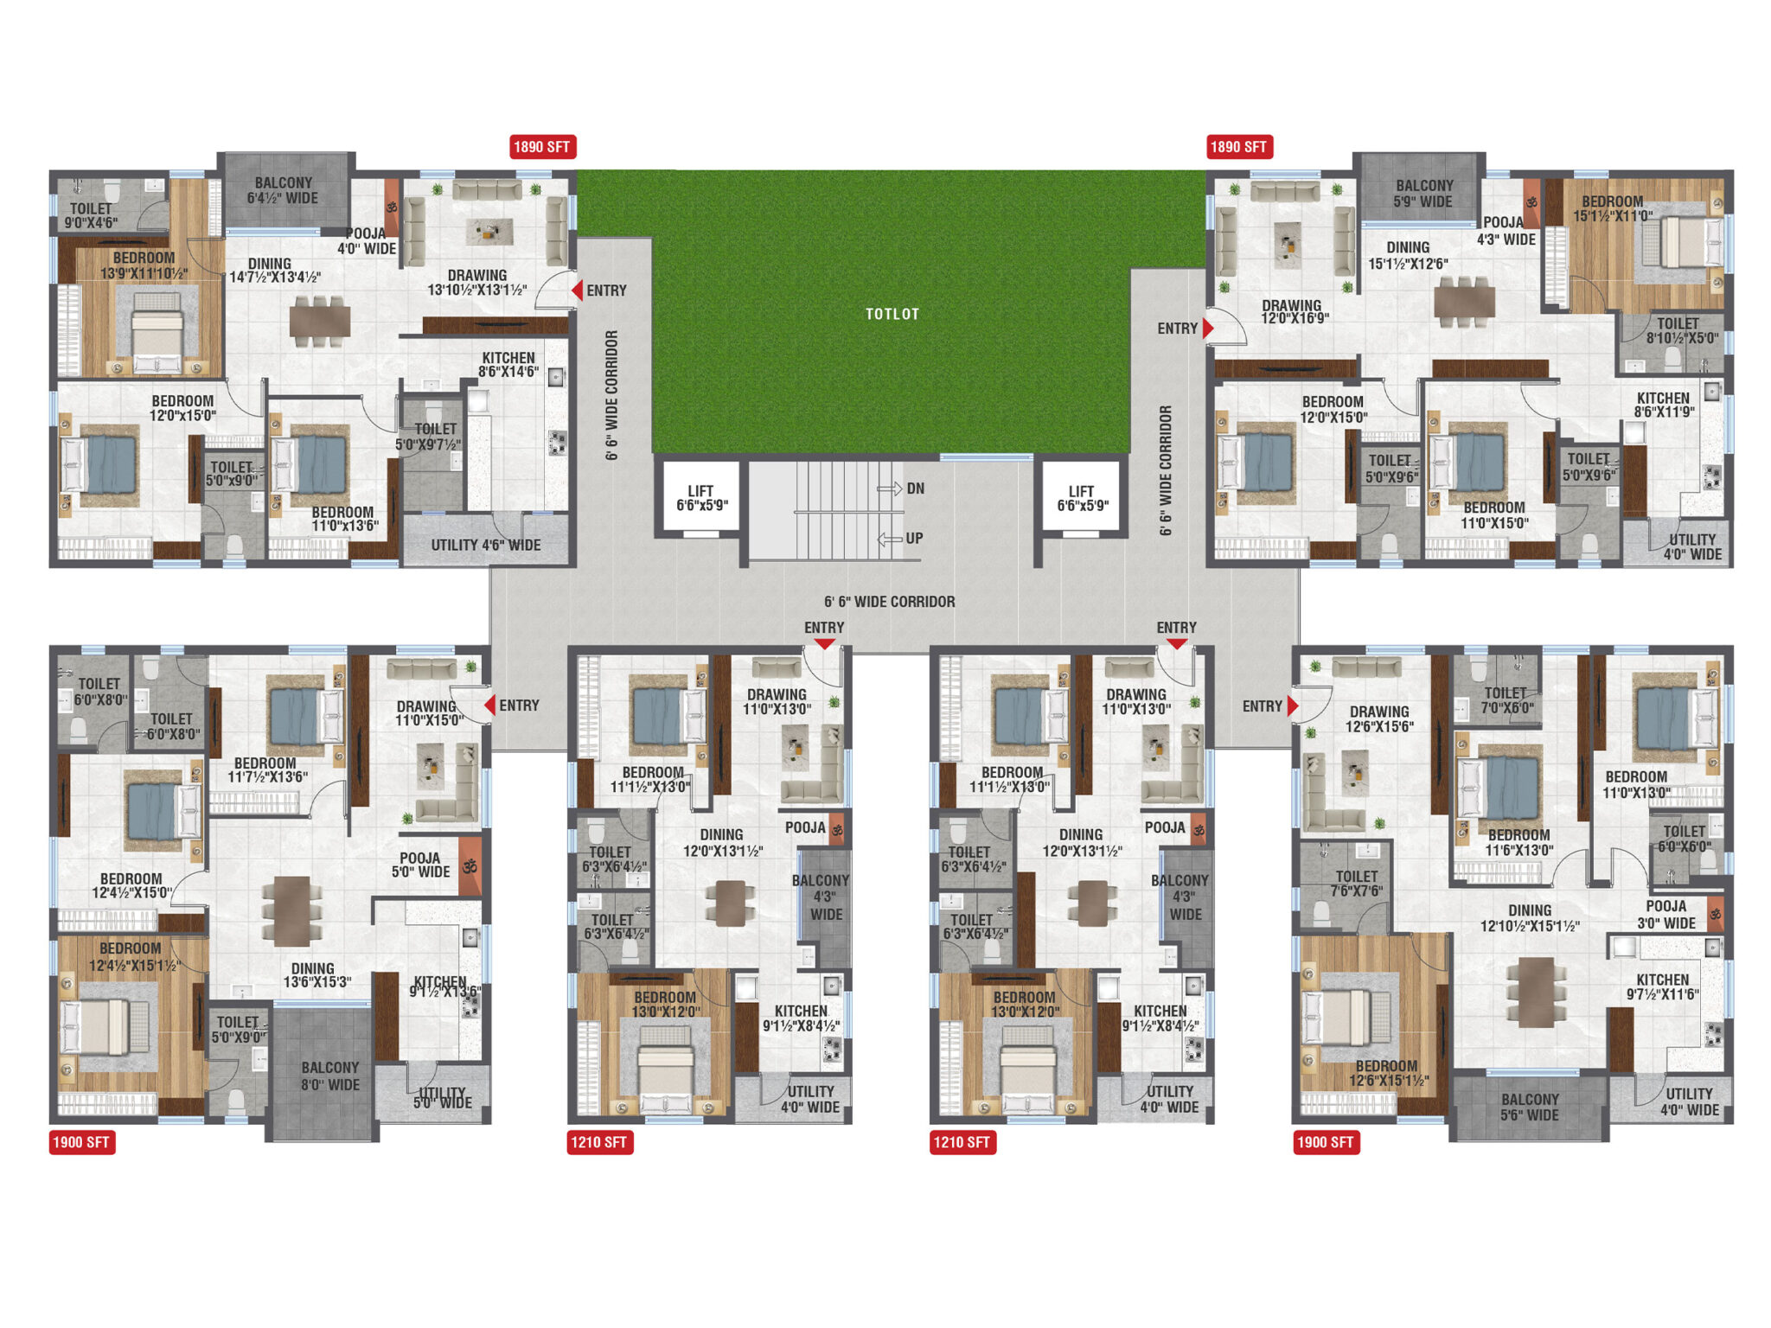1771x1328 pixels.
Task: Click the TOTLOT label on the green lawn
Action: point(892,314)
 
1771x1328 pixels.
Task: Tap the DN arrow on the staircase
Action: point(889,489)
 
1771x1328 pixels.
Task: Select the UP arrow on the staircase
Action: point(890,539)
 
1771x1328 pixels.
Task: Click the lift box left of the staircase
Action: point(700,498)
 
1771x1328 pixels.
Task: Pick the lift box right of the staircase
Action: point(1081,498)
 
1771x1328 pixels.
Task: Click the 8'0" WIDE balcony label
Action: point(329,1076)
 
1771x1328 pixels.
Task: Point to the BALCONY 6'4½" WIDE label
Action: point(283,190)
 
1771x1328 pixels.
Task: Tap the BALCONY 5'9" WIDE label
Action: point(1423,194)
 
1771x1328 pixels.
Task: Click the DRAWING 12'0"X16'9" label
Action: point(1294,312)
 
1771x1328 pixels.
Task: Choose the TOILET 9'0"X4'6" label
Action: point(91,215)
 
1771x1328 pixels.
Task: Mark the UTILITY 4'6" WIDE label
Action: point(486,545)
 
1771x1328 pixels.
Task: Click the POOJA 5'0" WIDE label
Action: point(420,865)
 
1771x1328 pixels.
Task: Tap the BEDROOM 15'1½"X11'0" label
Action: point(1612,208)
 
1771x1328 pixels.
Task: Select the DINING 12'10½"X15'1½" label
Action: point(1530,918)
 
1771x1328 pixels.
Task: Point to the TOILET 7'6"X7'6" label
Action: point(1357,884)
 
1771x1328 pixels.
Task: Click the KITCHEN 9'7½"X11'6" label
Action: point(1662,987)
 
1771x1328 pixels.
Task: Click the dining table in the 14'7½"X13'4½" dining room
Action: point(320,322)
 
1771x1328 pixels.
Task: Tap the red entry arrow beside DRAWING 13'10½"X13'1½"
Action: point(577,290)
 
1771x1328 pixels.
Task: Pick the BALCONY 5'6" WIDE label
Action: point(1529,1108)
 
